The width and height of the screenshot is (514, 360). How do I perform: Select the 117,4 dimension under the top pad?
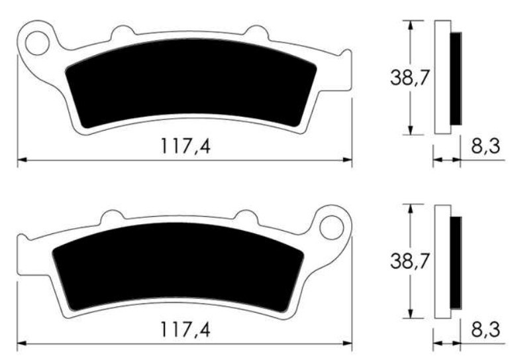[185, 146]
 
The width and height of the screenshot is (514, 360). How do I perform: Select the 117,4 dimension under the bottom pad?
[185, 330]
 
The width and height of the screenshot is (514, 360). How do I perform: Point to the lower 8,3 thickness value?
[485, 330]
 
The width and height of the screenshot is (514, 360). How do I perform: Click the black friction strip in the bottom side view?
[456, 263]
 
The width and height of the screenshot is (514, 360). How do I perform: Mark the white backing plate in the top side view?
[441, 78]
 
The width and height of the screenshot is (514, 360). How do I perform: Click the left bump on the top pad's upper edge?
[121, 32]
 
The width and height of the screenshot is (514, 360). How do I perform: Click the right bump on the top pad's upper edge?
[255, 32]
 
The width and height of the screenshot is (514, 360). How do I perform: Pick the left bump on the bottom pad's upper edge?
[112, 216]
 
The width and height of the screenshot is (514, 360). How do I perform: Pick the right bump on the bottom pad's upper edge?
[246, 216]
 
